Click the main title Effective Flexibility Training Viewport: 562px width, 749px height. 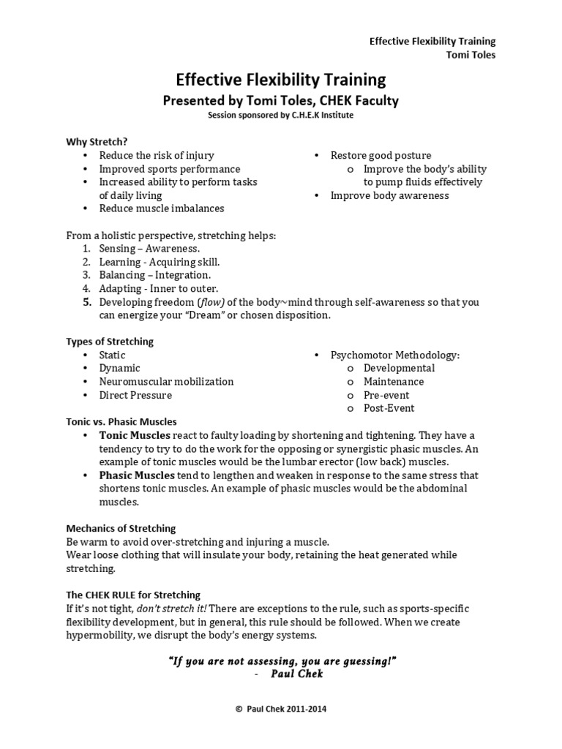280,79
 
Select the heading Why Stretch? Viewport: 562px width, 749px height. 91,141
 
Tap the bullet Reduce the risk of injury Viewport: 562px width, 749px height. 157,155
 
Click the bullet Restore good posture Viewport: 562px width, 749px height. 381,155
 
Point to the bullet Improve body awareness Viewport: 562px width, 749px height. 389,195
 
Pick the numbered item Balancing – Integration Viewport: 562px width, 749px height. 154,275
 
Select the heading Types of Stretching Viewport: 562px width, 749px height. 110,342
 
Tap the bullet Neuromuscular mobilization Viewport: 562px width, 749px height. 166,381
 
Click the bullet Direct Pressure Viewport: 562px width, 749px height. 135,395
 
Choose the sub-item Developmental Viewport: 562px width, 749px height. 399,368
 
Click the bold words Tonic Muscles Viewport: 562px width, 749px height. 135,435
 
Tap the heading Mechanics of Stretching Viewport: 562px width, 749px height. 121,528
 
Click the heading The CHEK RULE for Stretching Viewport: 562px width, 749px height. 133,595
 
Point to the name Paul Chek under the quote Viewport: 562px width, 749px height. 296,674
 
